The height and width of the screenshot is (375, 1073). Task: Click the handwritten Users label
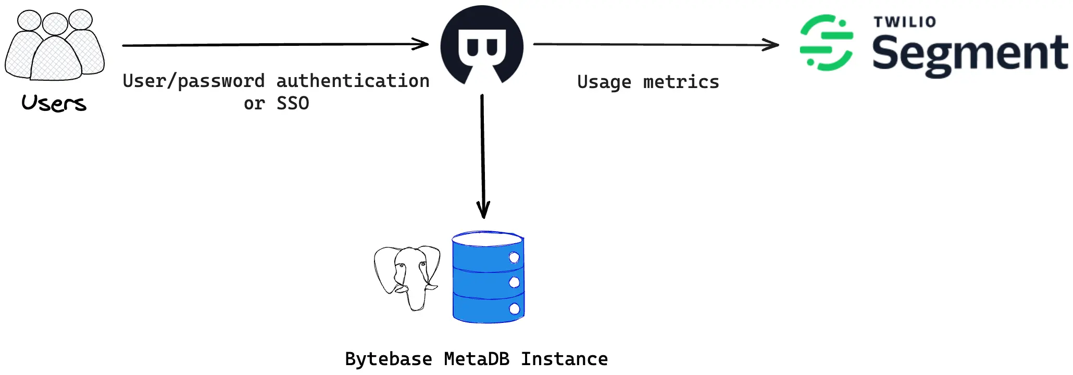click(x=54, y=103)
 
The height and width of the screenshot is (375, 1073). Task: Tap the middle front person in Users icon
click(x=55, y=57)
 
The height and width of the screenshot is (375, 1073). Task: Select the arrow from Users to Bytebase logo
click(x=275, y=45)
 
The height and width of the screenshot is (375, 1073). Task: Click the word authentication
click(x=353, y=81)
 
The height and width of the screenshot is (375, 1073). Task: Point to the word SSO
click(x=293, y=104)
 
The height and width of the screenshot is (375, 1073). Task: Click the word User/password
click(x=194, y=81)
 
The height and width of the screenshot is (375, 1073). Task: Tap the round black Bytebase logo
click(x=482, y=45)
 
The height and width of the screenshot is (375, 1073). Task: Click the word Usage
click(x=604, y=82)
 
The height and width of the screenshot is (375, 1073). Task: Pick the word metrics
click(x=681, y=82)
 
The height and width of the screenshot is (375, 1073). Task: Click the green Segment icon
click(x=827, y=43)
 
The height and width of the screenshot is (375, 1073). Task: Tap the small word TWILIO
click(x=905, y=22)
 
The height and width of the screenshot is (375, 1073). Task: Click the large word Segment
click(x=969, y=54)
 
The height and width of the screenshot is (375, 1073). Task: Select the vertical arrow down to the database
click(x=483, y=156)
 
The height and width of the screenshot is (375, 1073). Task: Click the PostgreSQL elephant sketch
click(x=407, y=277)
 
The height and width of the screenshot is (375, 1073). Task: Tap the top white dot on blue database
click(x=514, y=257)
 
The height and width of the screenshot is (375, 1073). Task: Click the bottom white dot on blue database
click(x=515, y=309)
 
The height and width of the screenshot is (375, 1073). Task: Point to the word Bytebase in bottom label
click(x=388, y=359)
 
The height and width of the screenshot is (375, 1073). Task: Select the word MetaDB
click(x=477, y=359)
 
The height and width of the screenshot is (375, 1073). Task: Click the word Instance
click(x=564, y=359)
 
